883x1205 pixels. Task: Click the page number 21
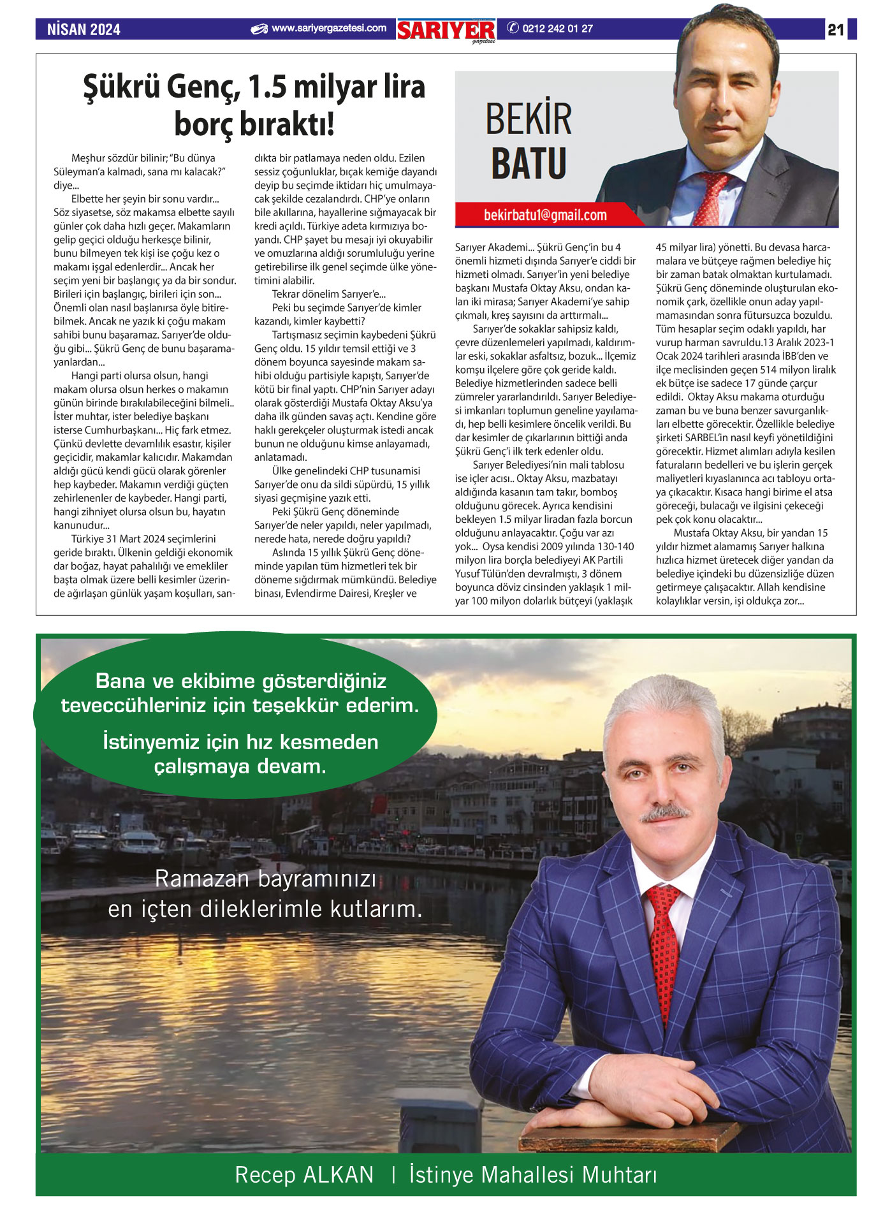836,29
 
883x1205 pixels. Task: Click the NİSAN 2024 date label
84,29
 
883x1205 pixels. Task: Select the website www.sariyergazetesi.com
328,28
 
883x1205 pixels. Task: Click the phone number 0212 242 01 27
557,28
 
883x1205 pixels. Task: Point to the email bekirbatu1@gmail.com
545,215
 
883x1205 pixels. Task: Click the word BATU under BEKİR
529,163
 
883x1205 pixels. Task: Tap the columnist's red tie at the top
709,198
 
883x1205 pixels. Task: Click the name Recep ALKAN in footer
304,1174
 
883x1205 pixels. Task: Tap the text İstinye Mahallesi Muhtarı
533,1174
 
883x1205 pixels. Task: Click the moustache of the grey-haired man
664,814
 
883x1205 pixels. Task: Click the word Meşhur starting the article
89,158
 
